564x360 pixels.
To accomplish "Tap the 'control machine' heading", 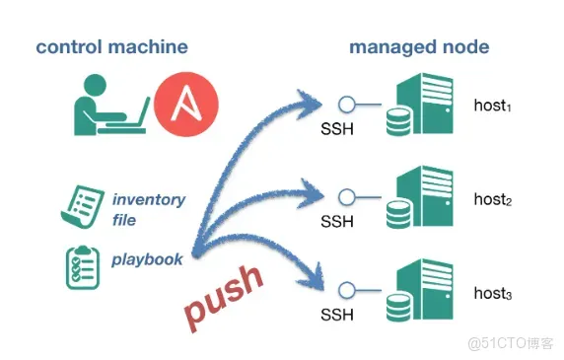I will click(x=111, y=47).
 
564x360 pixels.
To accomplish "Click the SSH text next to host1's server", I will click(x=337, y=129).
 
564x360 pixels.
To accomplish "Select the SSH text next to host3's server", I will click(x=337, y=315).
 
